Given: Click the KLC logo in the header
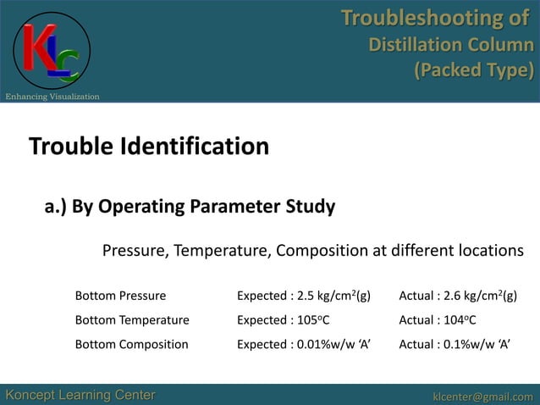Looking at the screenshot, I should (x=52, y=52).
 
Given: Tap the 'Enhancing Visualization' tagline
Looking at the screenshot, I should (x=52, y=97).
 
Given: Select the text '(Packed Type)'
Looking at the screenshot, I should (x=473, y=69).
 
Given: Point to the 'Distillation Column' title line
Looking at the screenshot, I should (x=451, y=44).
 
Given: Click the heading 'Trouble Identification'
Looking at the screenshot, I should (x=149, y=147).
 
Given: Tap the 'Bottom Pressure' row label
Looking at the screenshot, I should (x=120, y=296).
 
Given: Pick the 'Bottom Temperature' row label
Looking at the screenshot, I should (x=132, y=320).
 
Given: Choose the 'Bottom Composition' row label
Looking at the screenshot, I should (x=131, y=344).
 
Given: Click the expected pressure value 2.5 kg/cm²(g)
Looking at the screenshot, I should (x=331, y=296).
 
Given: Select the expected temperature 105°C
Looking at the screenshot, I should (x=311, y=320).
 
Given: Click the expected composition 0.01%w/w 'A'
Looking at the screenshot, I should (x=334, y=344).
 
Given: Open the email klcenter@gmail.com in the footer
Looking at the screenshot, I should (x=482, y=396).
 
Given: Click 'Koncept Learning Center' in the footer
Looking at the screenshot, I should (x=80, y=396).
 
